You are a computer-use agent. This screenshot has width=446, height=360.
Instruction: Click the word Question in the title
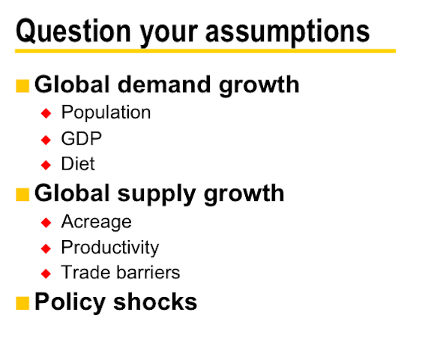tap(73, 31)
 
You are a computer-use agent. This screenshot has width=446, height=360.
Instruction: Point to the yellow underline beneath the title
tap(205, 51)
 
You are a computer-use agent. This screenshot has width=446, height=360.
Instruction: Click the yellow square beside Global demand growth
tap(22, 86)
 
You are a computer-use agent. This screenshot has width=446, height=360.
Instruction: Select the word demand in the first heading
tap(164, 85)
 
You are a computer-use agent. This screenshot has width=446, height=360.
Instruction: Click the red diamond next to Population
tap(46, 113)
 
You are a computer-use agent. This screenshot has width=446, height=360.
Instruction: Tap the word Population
tap(106, 112)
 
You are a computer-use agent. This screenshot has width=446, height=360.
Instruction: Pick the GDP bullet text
tap(82, 139)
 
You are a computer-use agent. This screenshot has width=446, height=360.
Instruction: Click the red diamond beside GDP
tap(46, 139)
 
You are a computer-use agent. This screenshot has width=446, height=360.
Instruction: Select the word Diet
tap(78, 163)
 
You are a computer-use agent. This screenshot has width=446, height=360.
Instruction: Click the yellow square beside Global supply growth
tap(22, 195)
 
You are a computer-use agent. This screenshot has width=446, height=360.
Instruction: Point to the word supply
tap(157, 195)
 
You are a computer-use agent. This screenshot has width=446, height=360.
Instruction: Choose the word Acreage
tap(97, 222)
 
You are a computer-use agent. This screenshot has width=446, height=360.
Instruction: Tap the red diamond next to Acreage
tap(46, 222)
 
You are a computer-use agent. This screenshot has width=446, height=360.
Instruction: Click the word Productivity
tap(110, 247)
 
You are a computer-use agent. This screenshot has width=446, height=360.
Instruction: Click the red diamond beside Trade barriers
tap(46, 274)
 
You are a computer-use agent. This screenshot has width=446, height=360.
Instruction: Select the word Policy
tap(70, 302)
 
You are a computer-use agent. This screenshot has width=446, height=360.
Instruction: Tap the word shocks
tap(155, 301)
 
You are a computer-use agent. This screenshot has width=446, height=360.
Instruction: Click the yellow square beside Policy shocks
tap(22, 303)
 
